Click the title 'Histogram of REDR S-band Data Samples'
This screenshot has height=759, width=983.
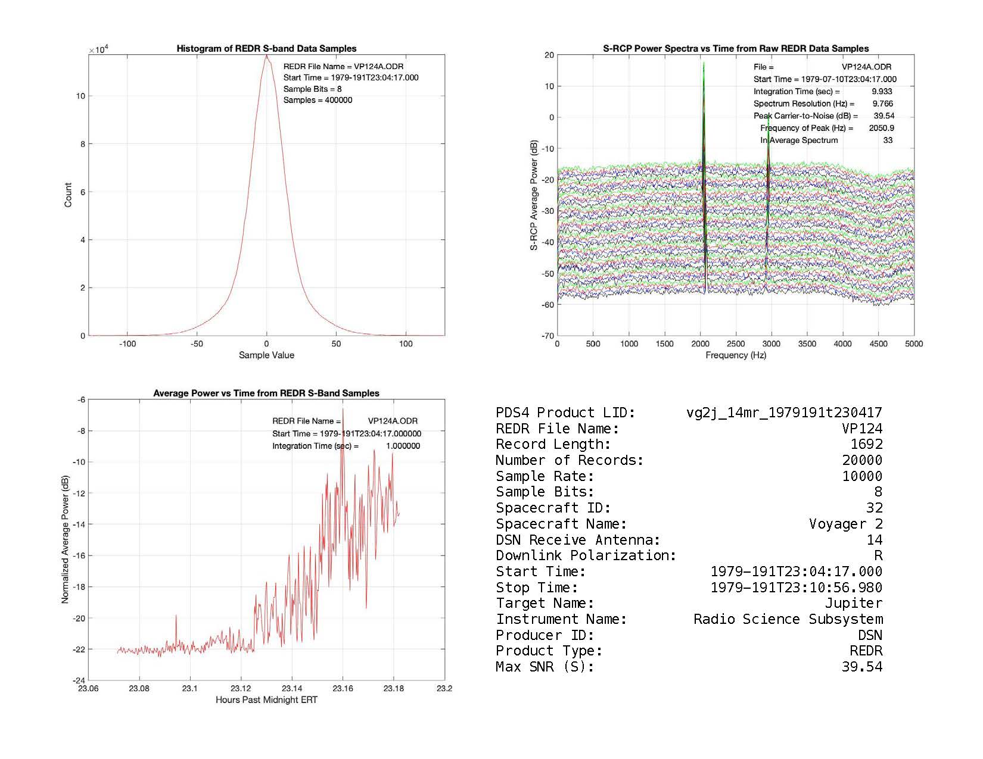(x=266, y=49)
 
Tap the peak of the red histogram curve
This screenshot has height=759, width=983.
(x=266, y=55)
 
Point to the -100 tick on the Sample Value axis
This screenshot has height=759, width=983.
(x=127, y=344)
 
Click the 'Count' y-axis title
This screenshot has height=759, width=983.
(x=68, y=195)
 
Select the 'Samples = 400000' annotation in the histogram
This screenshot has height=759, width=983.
(x=318, y=100)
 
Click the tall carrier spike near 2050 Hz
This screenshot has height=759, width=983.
(x=704, y=65)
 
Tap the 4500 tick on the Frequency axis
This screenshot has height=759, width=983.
(x=878, y=344)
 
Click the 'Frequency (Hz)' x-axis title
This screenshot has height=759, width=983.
(x=736, y=355)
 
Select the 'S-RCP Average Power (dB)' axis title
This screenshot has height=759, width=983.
(x=534, y=195)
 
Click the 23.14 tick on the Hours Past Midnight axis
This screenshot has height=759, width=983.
(x=292, y=689)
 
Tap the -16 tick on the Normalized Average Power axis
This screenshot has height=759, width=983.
(x=77, y=555)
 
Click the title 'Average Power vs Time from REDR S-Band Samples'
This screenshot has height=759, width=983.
(x=266, y=393)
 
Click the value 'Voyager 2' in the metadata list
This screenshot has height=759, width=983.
(x=845, y=524)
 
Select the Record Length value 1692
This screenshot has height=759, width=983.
(x=866, y=444)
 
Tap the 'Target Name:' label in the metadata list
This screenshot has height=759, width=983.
(x=545, y=603)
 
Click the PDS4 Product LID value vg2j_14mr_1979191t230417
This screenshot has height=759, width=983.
(x=784, y=413)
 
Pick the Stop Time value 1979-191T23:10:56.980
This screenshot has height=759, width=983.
(x=797, y=588)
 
